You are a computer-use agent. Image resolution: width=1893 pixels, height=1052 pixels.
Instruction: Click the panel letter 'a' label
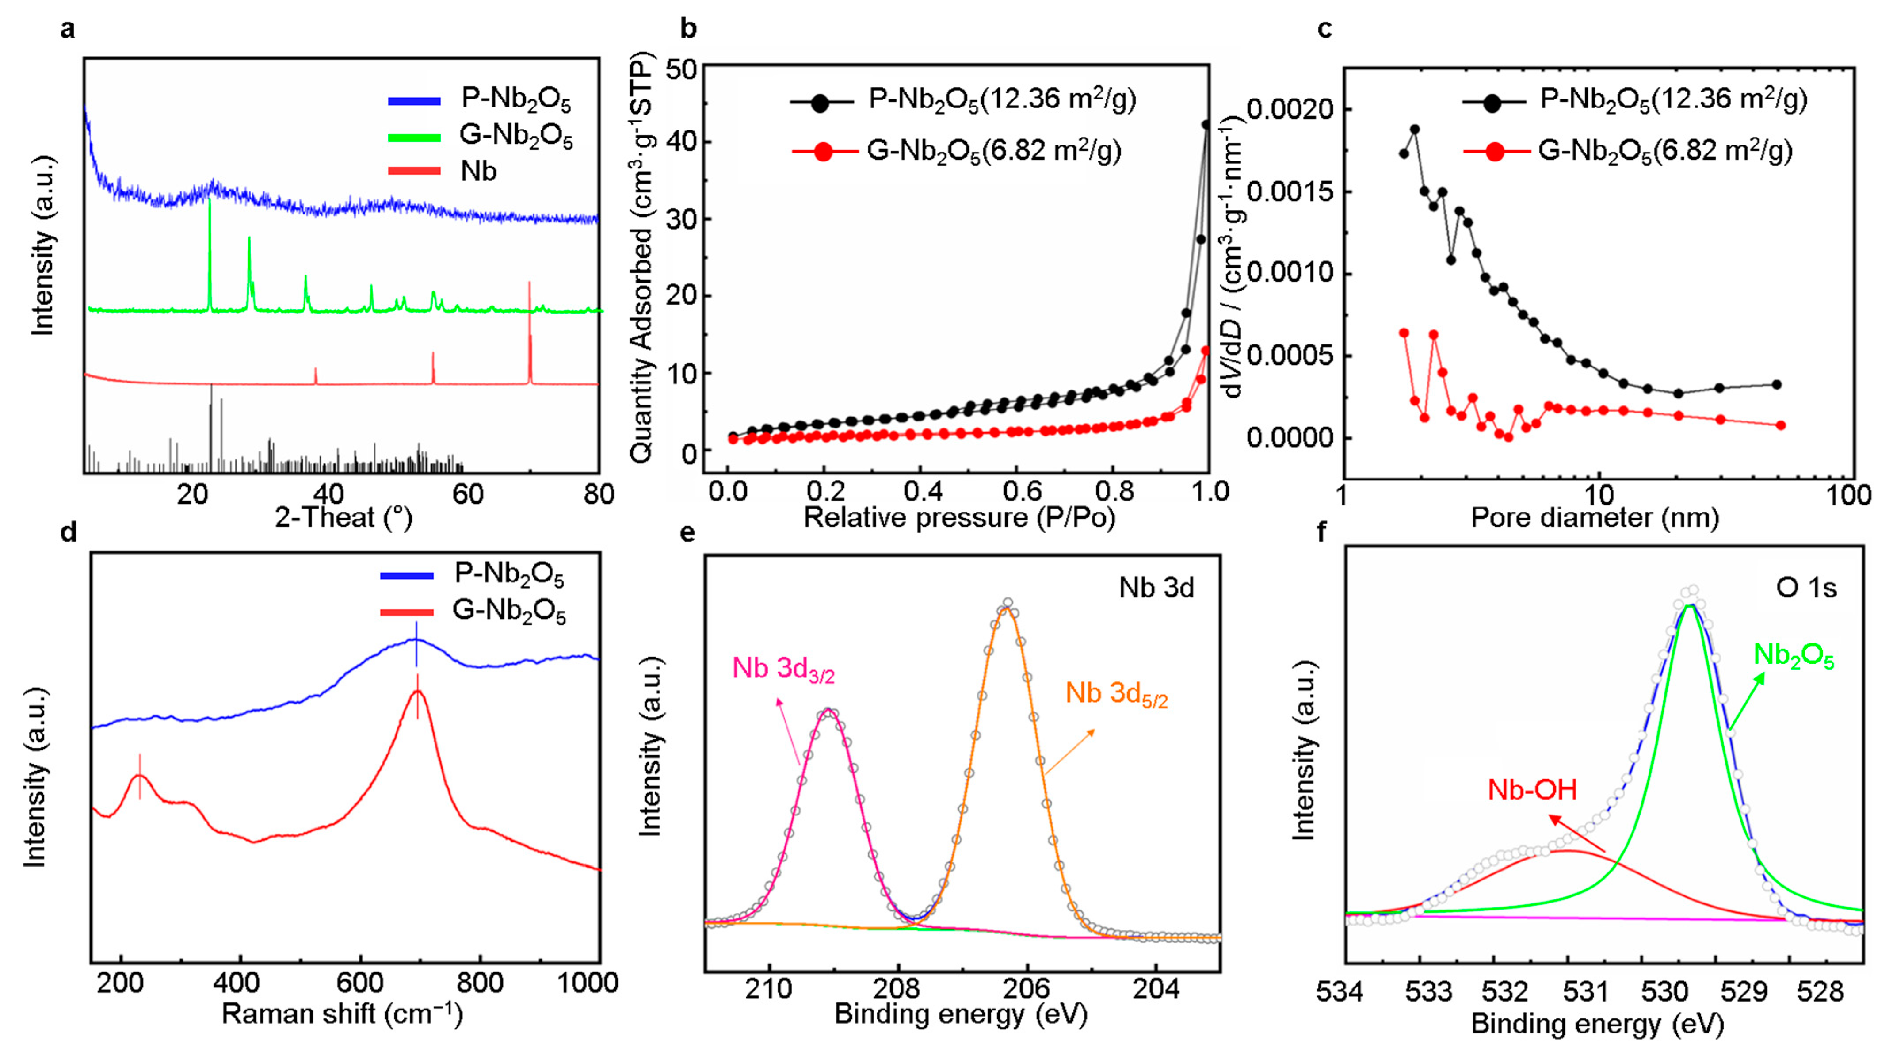click(x=68, y=29)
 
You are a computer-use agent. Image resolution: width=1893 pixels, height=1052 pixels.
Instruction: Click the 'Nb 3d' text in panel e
click(x=1156, y=588)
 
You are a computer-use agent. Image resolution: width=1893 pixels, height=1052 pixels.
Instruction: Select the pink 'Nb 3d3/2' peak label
click(x=783, y=669)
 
